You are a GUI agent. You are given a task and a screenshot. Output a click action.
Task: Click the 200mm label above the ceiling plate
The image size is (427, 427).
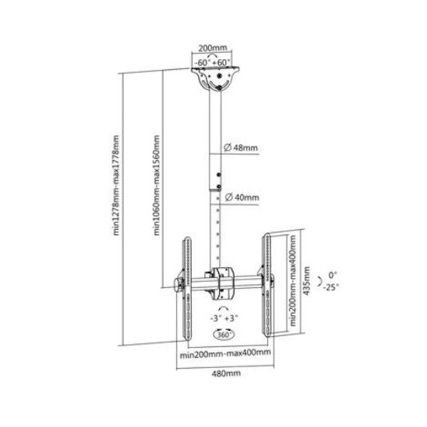[x=213, y=48]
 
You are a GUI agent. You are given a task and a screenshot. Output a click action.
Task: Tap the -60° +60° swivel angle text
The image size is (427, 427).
[x=213, y=62]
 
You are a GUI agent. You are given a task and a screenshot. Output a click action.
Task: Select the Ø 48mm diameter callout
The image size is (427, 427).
[x=241, y=148]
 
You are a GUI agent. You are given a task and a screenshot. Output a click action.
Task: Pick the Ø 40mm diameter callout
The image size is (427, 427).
[x=241, y=197]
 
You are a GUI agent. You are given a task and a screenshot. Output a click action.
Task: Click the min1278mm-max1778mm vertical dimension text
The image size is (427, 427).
[x=116, y=186]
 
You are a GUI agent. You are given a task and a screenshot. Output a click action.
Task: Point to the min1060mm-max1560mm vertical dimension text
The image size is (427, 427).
[x=157, y=186]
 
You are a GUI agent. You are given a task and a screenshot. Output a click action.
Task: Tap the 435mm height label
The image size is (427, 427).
[x=307, y=281]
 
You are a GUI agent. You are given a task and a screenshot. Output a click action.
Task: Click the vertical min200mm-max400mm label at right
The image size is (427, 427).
[x=293, y=280]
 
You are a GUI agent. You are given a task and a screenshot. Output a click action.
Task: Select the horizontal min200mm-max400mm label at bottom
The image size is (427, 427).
[x=225, y=354]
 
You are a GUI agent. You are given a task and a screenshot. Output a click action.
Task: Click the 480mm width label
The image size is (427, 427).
[x=226, y=373]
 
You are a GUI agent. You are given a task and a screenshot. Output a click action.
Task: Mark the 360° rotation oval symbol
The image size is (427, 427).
[x=224, y=335]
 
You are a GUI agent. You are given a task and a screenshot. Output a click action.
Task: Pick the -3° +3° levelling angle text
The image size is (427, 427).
[x=224, y=318]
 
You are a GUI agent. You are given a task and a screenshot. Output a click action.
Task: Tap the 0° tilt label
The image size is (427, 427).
[x=332, y=275]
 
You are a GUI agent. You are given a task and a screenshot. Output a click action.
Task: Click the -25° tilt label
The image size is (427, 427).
[x=332, y=287]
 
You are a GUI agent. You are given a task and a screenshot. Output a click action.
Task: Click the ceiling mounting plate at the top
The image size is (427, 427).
[x=215, y=78]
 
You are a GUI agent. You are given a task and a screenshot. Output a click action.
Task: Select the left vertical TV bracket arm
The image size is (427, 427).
[x=187, y=289]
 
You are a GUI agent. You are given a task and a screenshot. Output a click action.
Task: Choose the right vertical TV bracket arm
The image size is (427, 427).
[x=267, y=285]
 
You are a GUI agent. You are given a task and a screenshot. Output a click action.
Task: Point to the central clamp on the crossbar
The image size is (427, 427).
[x=223, y=283]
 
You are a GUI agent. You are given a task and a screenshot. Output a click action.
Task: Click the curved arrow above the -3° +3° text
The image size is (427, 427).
[x=224, y=308]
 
